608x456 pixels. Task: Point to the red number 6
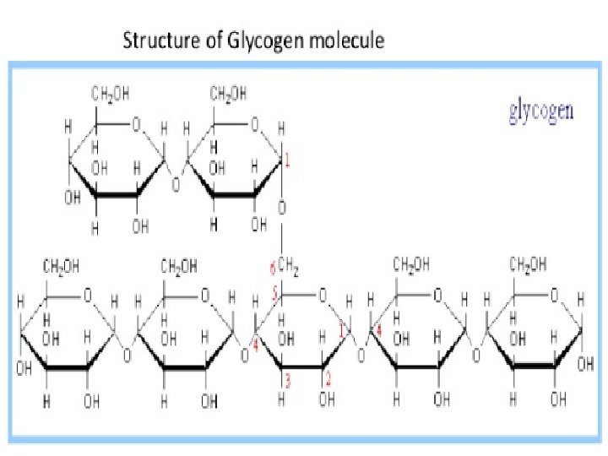(x=272, y=269)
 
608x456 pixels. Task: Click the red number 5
(x=274, y=296)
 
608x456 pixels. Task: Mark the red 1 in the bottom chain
(x=341, y=333)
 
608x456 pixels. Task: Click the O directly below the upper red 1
(x=283, y=207)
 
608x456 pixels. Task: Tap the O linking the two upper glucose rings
(x=176, y=183)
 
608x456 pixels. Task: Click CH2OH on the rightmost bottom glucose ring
(x=529, y=264)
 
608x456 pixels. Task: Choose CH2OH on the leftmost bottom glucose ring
(x=62, y=266)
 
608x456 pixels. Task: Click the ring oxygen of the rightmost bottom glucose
(x=554, y=296)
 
